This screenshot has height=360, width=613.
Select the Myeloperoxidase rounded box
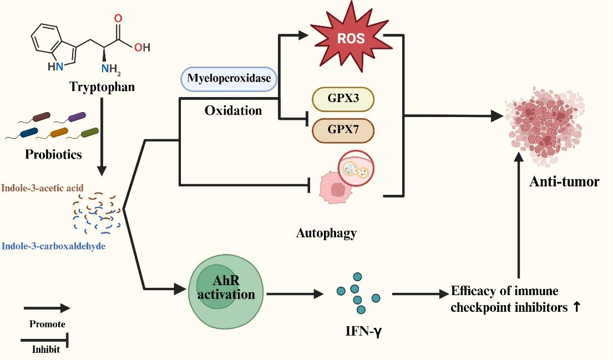(x=229, y=78)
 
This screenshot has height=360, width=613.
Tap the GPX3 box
(x=343, y=99)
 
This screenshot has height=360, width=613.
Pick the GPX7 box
(x=343, y=130)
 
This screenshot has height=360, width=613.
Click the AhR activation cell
(x=225, y=289)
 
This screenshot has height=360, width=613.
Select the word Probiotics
(x=53, y=154)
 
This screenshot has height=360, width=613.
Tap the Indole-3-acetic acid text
(x=43, y=188)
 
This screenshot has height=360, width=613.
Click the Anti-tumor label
(x=564, y=181)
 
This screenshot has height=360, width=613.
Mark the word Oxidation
(x=233, y=110)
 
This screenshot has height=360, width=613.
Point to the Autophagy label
(x=326, y=233)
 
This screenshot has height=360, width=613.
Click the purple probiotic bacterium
(x=77, y=116)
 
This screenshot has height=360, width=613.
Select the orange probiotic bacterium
(x=60, y=133)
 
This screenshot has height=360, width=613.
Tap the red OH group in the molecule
(x=142, y=47)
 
